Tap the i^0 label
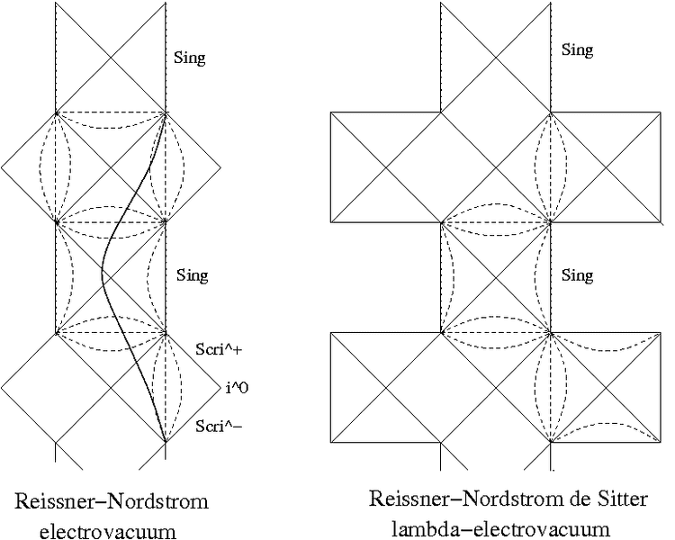point(237,389)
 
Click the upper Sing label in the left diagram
point(189,58)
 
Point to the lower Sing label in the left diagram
point(191,275)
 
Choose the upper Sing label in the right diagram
point(577,50)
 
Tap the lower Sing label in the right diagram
point(577,275)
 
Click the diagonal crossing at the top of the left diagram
point(112,57)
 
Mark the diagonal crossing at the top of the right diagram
point(496,57)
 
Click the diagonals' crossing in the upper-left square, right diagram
point(386,167)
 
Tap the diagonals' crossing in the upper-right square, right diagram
point(606,167)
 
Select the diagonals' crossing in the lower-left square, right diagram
point(386,387)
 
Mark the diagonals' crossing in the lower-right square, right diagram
point(606,387)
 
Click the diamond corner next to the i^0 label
point(220,388)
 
